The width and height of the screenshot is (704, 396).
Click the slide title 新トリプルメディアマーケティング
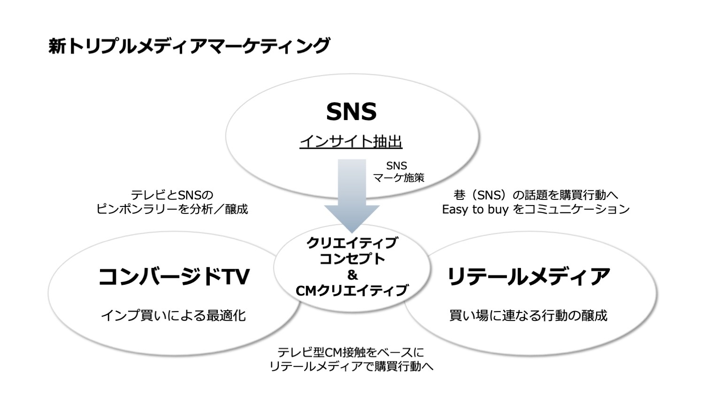point(189,46)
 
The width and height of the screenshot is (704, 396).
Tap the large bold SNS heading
point(352,112)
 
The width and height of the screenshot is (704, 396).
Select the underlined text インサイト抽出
point(351,141)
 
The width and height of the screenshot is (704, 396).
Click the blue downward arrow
point(352,196)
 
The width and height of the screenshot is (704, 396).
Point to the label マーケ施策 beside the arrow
point(398,178)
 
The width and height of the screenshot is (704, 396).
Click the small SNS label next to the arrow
point(397,166)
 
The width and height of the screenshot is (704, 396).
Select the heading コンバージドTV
point(174,276)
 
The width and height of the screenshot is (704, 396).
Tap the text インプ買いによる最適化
point(173,316)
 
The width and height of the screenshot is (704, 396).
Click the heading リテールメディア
point(528,276)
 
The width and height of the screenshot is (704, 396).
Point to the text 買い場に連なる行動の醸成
point(528,316)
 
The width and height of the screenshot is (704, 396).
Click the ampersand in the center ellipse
point(352,275)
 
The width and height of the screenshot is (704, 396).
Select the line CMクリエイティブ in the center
point(352,291)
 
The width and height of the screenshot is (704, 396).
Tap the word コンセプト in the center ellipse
point(352,259)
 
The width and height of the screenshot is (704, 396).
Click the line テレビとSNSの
point(172,195)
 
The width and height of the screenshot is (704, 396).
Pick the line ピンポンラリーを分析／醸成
point(172,209)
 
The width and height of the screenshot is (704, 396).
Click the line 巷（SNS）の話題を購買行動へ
point(536,195)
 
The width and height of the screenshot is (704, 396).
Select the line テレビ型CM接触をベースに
point(351,352)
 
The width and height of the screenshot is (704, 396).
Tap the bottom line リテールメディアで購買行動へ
point(352,366)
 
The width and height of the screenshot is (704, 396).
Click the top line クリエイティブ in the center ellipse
point(352,243)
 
